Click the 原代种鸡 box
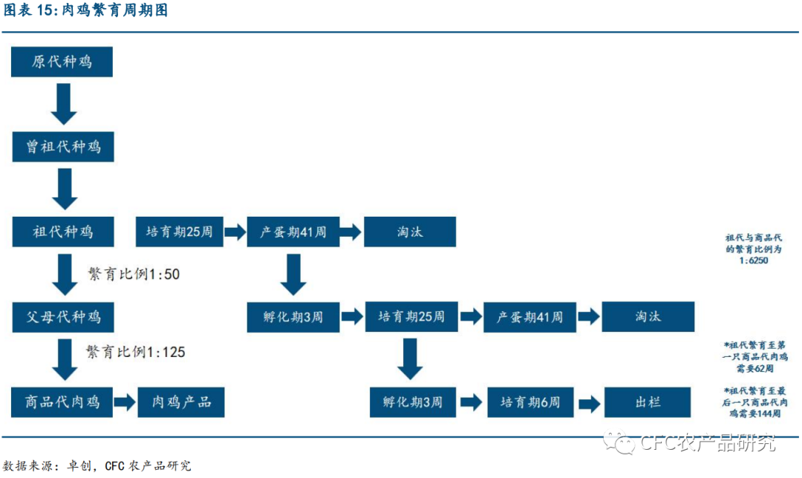pyautogui.click(x=62, y=62)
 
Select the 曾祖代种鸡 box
pyautogui.click(x=62, y=146)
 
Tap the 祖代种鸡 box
pyautogui.click(x=62, y=232)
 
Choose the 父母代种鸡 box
pyautogui.click(x=62, y=317)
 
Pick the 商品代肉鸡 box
pyautogui.click(x=62, y=402)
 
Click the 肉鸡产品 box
pyautogui.click(x=181, y=402)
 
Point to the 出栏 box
pyautogui.click(x=648, y=402)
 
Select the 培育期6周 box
pyautogui.click(x=530, y=402)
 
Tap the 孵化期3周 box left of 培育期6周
pyautogui.click(x=413, y=402)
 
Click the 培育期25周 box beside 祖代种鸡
pyautogui.click(x=179, y=232)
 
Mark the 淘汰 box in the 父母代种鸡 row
pyautogui.click(x=648, y=317)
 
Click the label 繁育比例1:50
pyautogui.click(x=134, y=274)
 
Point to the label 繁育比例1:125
pyautogui.click(x=135, y=352)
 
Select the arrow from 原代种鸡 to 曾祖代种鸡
pyautogui.click(x=63, y=104)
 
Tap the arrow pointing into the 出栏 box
pyautogui.click(x=589, y=403)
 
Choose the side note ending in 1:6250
pyautogui.click(x=753, y=249)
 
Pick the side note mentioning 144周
pyautogui.click(x=753, y=402)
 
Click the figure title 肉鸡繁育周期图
pyautogui.click(x=85, y=10)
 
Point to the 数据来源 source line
pyautogui.click(x=97, y=465)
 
